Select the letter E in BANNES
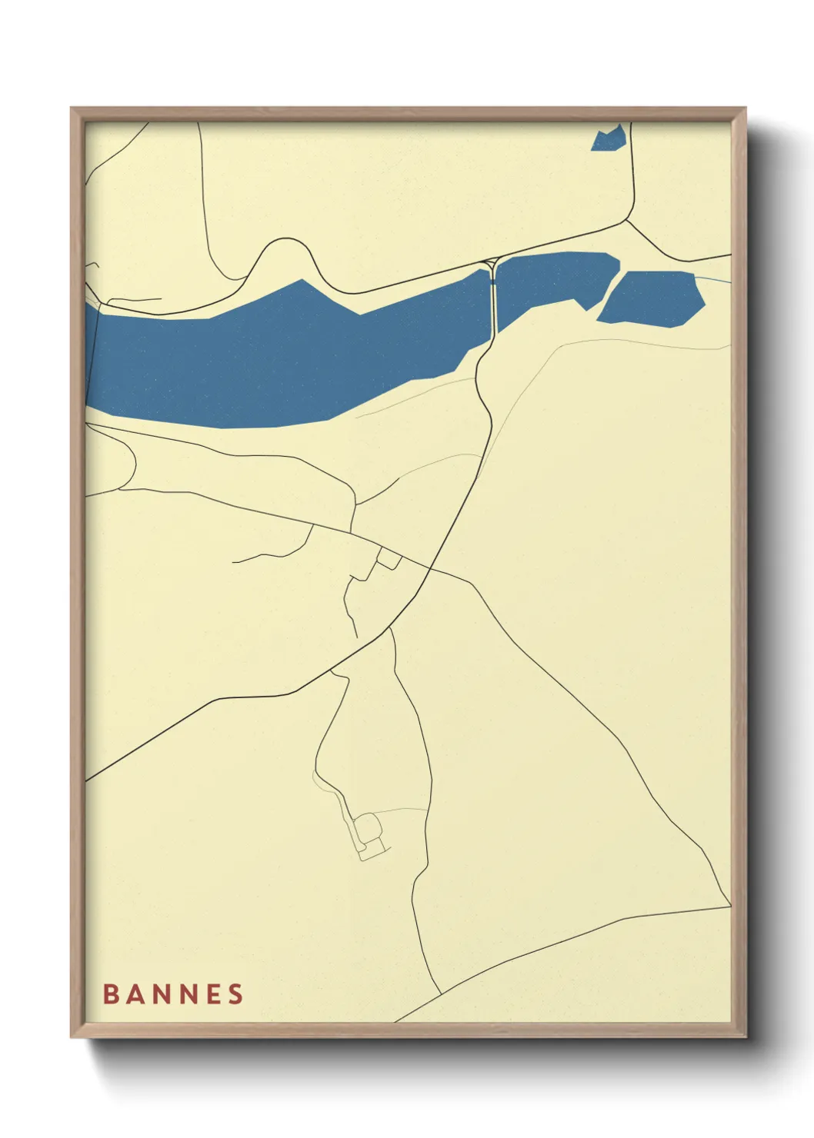pos(212,994)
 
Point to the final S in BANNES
pos(235,994)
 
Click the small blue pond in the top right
pos(609,139)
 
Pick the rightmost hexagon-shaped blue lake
pos(652,298)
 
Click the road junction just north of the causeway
pos(490,262)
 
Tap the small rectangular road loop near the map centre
pos(389,560)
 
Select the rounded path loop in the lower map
pos(369,828)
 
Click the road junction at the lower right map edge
pos(729,906)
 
